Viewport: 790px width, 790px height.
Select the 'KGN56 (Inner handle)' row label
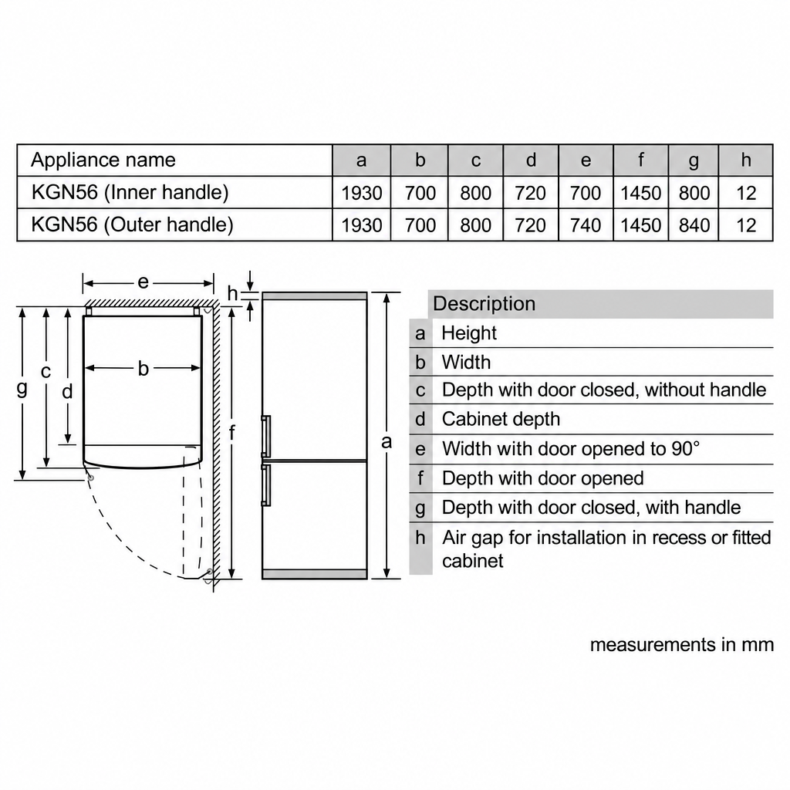pos(130,192)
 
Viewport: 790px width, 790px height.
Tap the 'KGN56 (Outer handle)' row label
pos(133,225)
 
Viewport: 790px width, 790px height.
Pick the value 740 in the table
pos(586,225)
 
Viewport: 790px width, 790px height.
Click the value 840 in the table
pos(694,225)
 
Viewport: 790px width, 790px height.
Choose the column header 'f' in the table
pos(641,160)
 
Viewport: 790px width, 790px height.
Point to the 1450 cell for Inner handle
pos(641,193)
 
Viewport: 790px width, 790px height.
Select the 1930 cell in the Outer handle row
pos(362,225)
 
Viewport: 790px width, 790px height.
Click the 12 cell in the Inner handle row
pos(746,193)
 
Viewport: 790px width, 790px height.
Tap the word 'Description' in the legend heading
pos(484,304)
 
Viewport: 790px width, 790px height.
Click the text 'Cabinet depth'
pos(501,419)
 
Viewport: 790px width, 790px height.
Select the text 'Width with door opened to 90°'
pos(571,448)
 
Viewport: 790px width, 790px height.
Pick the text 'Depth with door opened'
pos(542,478)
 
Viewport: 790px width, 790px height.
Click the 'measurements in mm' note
pos(682,645)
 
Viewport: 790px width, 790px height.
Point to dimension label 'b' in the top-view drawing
pos(143,369)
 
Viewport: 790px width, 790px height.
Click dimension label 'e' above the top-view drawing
pos(143,282)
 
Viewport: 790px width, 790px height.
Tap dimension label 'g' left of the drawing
pos(22,389)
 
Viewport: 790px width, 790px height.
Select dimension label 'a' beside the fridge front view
pos(387,442)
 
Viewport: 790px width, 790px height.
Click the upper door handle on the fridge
pos(266,437)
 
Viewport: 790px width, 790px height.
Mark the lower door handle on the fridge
pos(266,484)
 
